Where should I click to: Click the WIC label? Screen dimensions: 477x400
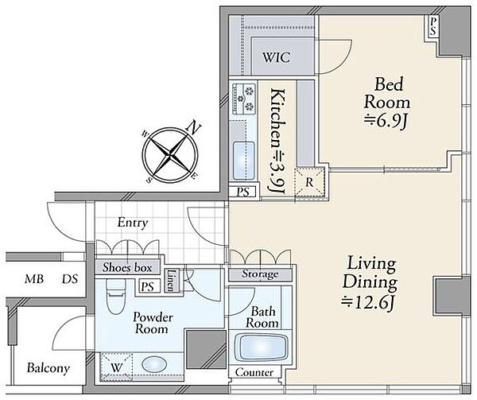click(x=276, y=57)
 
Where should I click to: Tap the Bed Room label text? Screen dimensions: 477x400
click(x=387, y=93)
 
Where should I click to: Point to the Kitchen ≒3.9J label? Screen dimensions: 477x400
click(x=278, y=141)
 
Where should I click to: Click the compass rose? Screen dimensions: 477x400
click(x=170, y=155)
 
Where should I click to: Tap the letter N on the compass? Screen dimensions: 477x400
click(x=193, y=127)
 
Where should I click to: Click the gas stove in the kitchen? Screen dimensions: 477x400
click(x=244, y=98)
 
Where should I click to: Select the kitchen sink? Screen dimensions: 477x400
click(x=243, y=161)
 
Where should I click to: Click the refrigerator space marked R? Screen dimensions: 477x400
click(x=309, y=182)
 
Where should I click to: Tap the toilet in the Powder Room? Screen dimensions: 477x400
click(x=115, y=295)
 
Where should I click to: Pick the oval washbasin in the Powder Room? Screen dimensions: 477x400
click(x=154, y=364)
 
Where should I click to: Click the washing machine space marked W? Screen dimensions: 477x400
click(x=117, y=367)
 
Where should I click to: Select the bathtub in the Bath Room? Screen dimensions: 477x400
click(x=263, y=348)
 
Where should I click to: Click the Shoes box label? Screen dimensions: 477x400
click(x=127, y=267)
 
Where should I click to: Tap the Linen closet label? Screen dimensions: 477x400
click(x=171, y=280)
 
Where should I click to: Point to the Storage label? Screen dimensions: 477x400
click(x=260, y=274)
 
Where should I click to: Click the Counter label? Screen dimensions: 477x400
click(x=254, y=372)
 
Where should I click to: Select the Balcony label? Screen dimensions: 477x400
click(x=48, y=368)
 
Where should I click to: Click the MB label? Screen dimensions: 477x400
click(x=34, y=279)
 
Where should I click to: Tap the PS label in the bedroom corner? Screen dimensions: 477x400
click(x=433, y=26)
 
